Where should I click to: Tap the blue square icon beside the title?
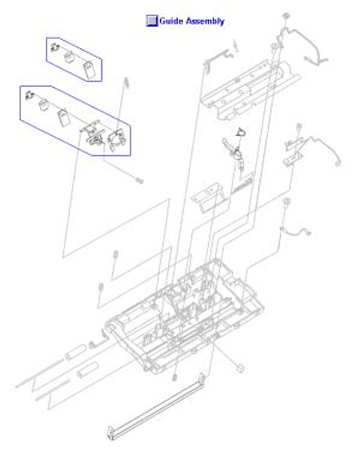(151, 21)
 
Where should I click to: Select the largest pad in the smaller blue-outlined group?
(89, 70)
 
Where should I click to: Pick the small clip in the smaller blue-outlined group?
(55, 49)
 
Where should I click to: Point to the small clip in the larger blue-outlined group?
(29, 95)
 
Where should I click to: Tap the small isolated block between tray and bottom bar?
(237, 367)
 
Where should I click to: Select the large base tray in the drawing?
(180, 315)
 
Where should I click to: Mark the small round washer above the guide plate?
(285, 16)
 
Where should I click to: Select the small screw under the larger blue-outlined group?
(139, 179)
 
